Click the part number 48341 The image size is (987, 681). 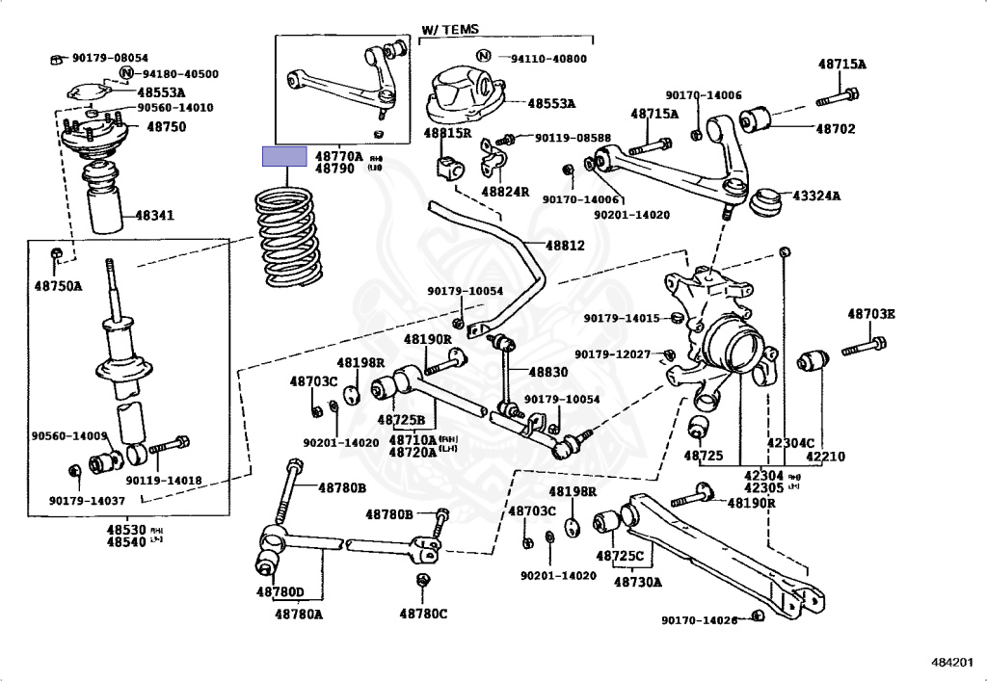point(154,216)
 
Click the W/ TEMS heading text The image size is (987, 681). point(450,30)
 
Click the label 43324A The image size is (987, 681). point(816,196)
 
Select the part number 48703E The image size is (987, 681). point(871,314)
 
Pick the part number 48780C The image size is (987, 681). point(424,613)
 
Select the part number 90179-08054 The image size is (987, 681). point(107,58)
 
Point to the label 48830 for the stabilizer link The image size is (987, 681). point(545,372)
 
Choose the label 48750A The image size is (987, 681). point(59,286)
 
